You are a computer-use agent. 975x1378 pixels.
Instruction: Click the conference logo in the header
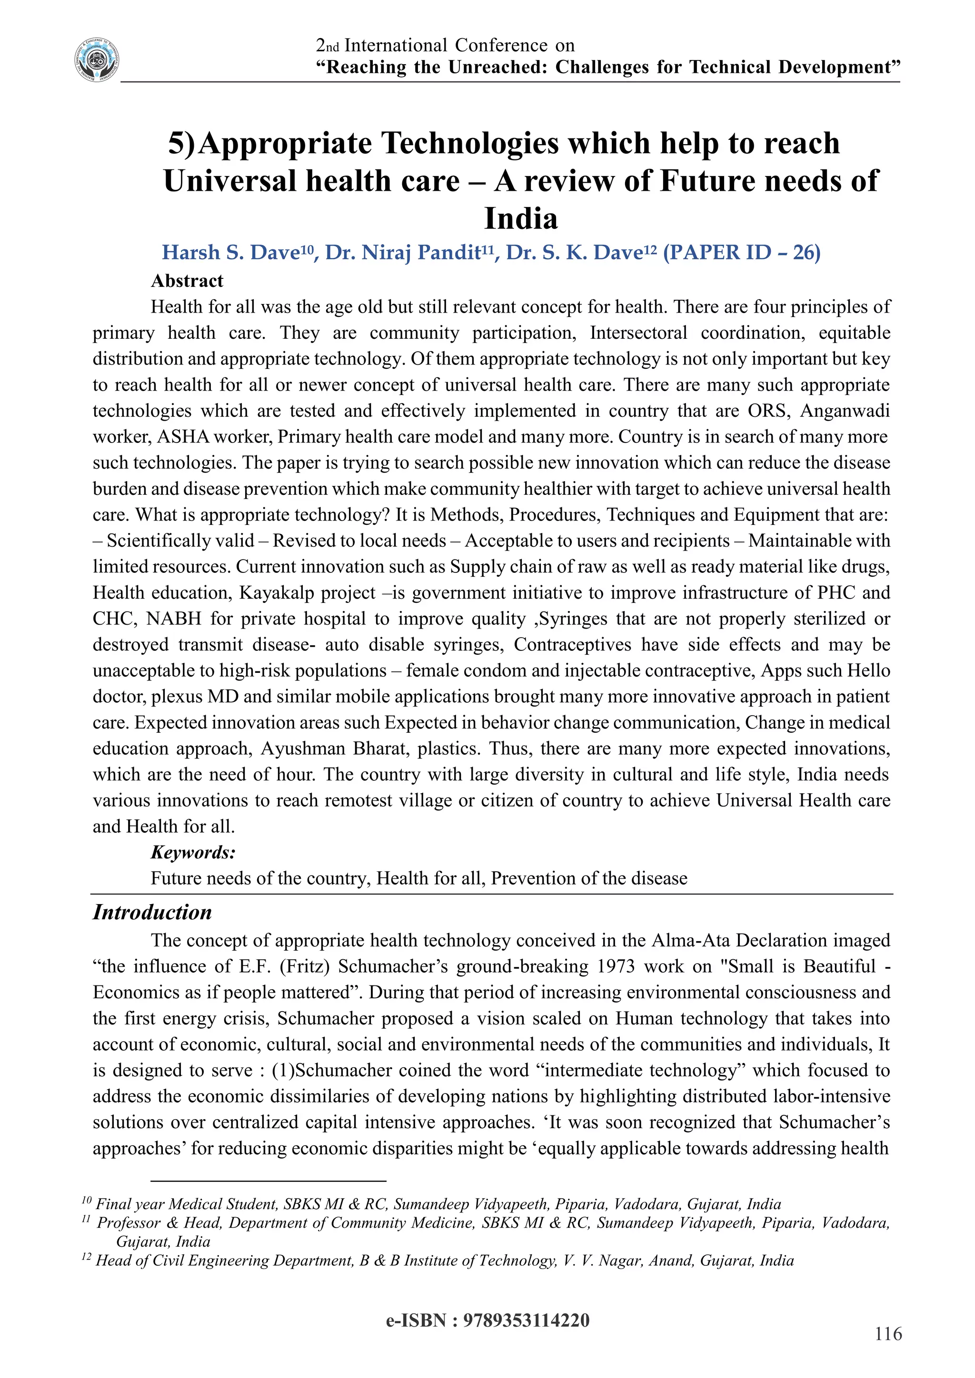pos(97,60)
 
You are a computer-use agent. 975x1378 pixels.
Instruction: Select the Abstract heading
pos(187,281)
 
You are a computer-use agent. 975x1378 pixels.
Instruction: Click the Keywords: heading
pos(193,852)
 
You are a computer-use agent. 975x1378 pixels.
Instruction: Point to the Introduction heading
pos(152,912)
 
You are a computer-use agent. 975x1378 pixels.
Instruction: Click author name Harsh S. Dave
pos(230,253)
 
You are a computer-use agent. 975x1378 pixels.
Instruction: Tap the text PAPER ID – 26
pos(741,253)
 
